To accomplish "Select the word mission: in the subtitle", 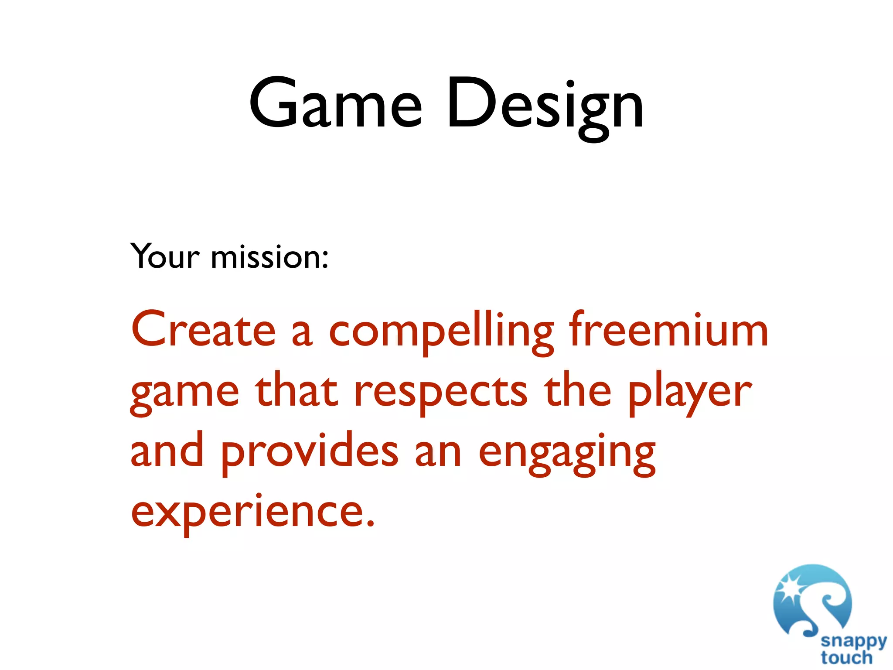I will [269, 256].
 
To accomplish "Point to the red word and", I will [167, 451].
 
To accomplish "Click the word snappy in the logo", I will [853, 642].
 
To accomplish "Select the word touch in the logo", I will [846, 657].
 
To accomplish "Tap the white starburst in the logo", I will [789, 589].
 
